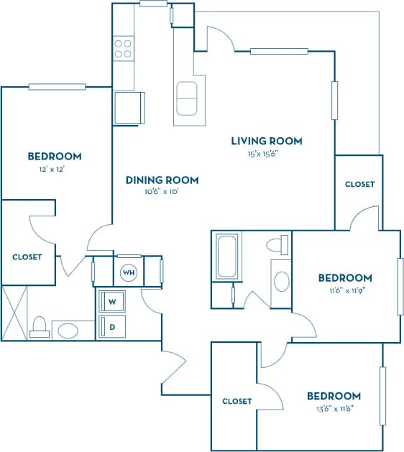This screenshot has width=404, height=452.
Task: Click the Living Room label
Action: pyautogui.click(x=266, y=141)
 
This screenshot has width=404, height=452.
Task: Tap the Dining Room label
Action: pyautogui.click(x=162, y=180)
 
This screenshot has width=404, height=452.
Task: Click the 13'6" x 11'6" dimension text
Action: pyautogui.click(x=334, y=408)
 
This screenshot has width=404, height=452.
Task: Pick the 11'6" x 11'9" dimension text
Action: pyautogui.click(x=345, y=290)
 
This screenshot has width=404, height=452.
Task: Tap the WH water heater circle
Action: pyautogui.click(x=129, y=272)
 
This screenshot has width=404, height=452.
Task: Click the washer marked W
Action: pyautogui.click(x=113, y=300)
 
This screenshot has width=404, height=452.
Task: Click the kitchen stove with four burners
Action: pyautogui.click(x=123, y=48)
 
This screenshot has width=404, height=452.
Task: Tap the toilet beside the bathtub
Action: pyautogui.click(x=276, y=245)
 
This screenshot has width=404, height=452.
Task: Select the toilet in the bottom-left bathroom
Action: pyautogui.click(x=40, y=328)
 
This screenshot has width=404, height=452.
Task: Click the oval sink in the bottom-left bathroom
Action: pyautogui.click(x=68, y=331)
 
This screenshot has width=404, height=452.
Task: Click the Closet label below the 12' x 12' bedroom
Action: pyautogui.click(x=27, y=257)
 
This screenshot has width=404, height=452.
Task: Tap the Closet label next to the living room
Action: pyautogui.click(x=359, y=184)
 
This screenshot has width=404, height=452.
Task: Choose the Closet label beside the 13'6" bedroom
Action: pyautogui.click(x=237, y=401)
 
